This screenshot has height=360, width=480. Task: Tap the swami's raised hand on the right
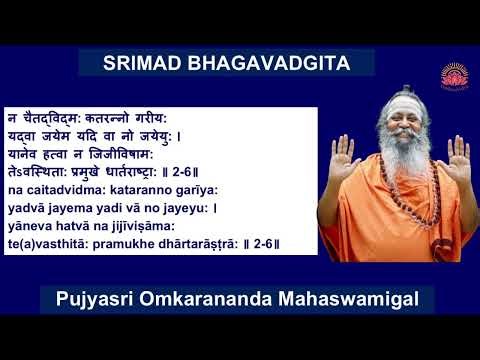(458, 151)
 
